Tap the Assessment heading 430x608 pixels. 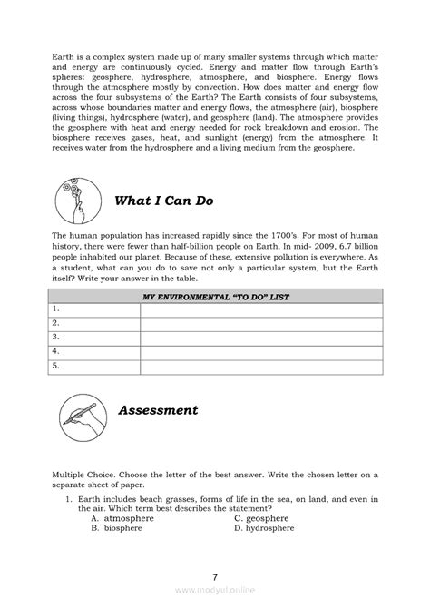coord(159,410)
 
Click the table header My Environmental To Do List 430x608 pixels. coord(215,296)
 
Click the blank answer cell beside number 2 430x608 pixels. coord(259,323)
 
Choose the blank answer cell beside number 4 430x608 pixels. coord(259,352)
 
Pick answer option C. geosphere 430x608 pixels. coord(263,518)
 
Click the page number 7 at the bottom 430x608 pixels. coord(215,576)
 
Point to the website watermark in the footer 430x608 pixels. coord(214,589)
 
